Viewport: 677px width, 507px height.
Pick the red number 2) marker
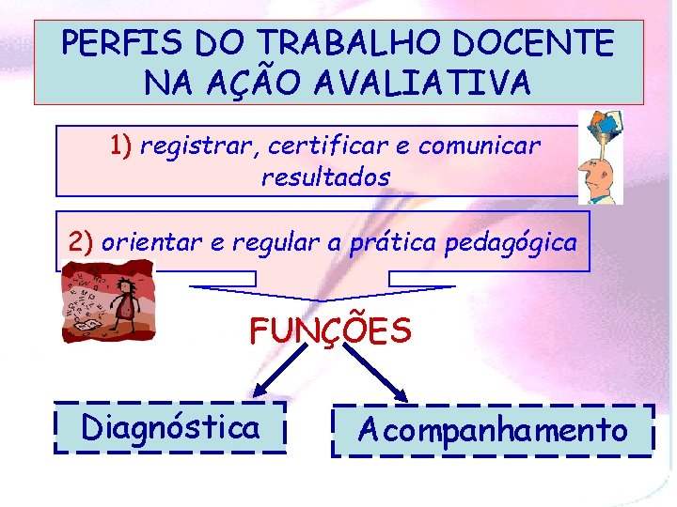(82, 241)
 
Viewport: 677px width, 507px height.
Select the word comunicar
(480, 146)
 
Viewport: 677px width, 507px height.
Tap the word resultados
(325, 177)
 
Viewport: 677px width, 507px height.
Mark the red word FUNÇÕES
(330, 330)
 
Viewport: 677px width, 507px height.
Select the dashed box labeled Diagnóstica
(170, 428)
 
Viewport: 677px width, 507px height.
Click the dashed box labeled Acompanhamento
(493, 431)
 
